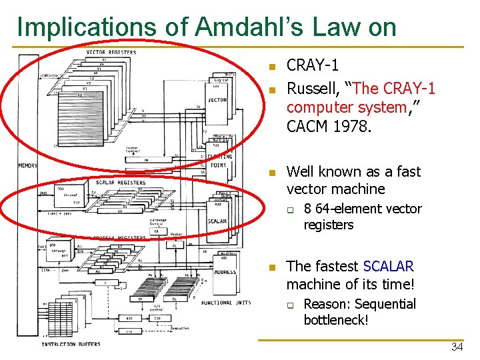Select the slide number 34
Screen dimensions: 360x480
tap(457, 347)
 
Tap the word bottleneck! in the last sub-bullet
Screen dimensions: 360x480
tap(336, 320)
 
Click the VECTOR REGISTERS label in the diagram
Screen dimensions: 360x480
tap(111, 53)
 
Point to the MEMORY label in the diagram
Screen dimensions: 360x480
tap(28, 166)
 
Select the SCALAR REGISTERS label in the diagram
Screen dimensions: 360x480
tap(120, 182)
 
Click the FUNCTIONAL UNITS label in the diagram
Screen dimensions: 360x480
tap(225, 303)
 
